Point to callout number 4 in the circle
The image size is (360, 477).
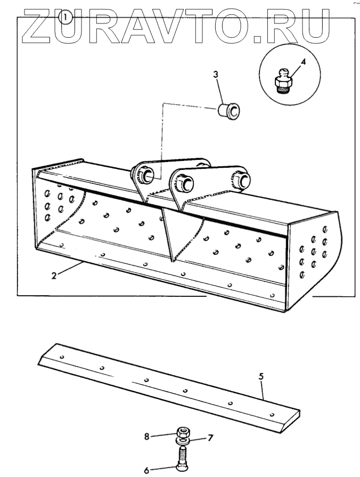[302, 62]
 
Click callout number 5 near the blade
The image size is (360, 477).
[261, 377]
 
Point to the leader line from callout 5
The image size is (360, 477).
[263, 390]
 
